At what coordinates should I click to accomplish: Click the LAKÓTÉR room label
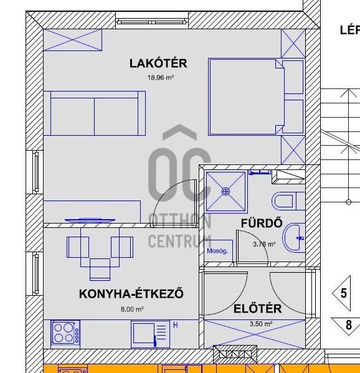point(158,63)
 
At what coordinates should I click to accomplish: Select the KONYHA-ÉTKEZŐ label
point(131,294)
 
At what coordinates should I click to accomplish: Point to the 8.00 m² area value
point(132,309)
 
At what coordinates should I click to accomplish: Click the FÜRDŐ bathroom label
point(262,224)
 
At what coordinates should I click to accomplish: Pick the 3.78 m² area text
point(264,244)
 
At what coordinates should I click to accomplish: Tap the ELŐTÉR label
point(257,309)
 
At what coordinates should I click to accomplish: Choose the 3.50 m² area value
point(260,324)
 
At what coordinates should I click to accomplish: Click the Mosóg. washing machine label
point(217,251)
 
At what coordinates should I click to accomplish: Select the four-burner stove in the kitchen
point(65,332)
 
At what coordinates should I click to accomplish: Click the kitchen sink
point(150,333)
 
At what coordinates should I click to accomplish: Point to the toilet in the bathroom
point(287,202)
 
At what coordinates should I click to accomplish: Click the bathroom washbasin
point(294,237)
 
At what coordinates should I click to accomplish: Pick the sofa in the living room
point(95,113)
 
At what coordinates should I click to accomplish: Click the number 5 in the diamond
point(344,293)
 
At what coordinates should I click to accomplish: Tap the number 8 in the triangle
point(349,325)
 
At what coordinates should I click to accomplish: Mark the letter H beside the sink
point(175,325)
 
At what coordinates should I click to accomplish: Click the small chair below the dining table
point(100,269)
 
